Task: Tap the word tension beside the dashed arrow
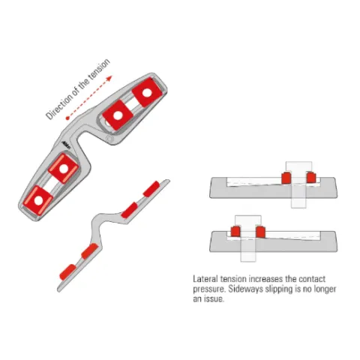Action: [x=99, y=68]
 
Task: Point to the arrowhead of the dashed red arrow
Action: [x=109, y=78]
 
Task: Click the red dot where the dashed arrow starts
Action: [x=67, y=118]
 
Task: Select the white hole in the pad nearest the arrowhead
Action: [x=147, y=93]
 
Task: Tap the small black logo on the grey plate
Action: [x=66, y=145]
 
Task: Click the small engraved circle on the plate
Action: [x=109, y=139]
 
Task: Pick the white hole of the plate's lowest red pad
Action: [x=38, y=200]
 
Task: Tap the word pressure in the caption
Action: [x=209, y=289]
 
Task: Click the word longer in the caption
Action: [x=324, y=289]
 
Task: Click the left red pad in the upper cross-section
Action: [x=286, y=178]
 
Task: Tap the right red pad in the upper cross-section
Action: [x=311, y=178]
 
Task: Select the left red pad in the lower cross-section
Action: [x=235, y=232]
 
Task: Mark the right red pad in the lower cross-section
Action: [x=260, y=232]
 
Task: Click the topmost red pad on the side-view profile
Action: [x=151, y=189]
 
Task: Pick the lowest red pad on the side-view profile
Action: [x=67, y=272]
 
